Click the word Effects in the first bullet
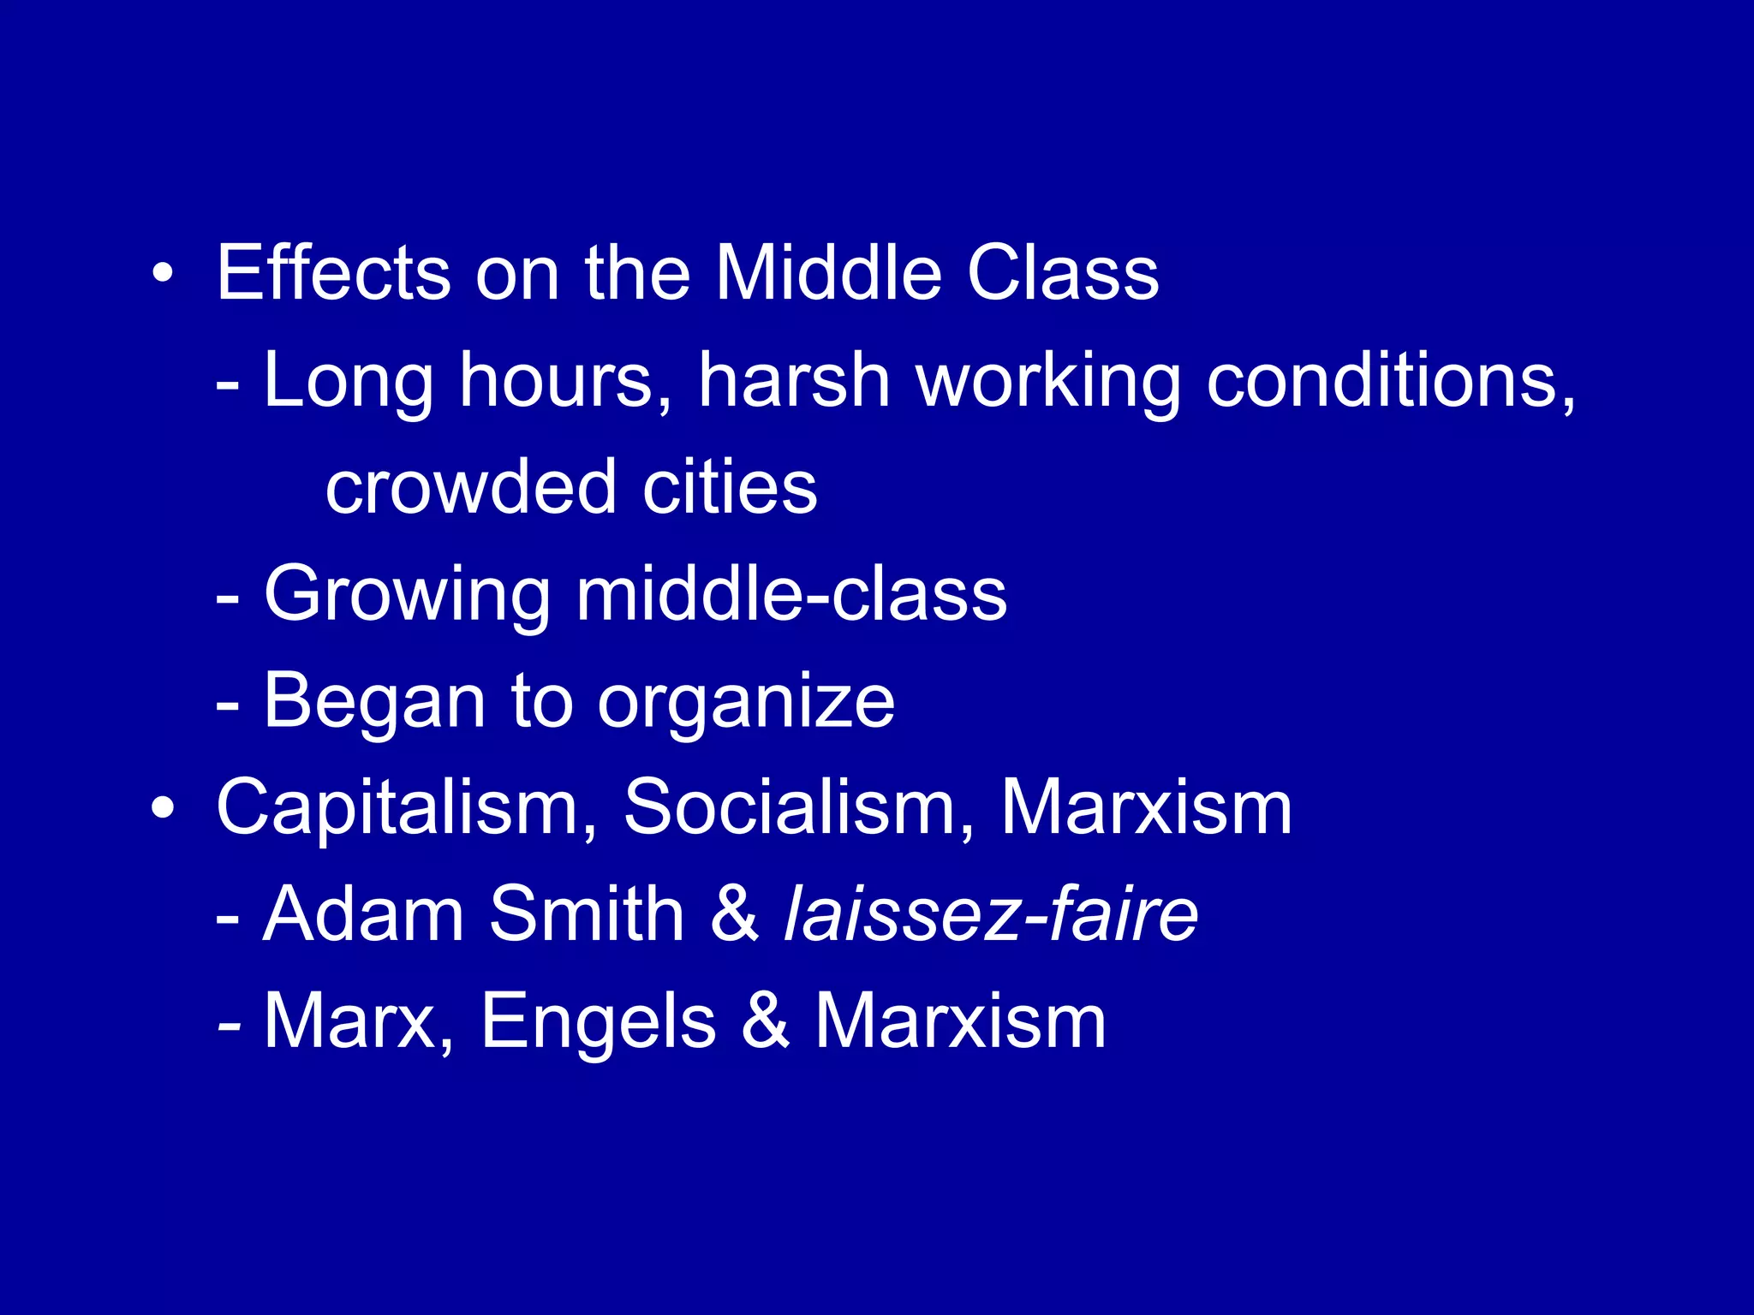pos(333,273)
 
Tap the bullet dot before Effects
pos(162,274)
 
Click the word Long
pos(348,381)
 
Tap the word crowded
pos(470,487)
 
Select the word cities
pos(730,487)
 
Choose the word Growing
pos(407,595)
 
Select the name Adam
pos(363,914)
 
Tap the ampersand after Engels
pos(765,1020)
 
